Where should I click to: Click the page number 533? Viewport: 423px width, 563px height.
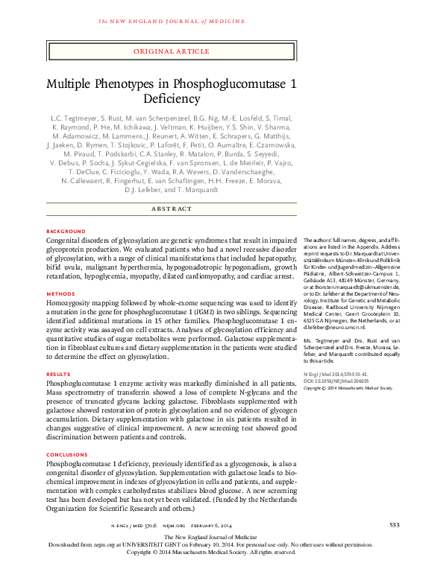[395, 527]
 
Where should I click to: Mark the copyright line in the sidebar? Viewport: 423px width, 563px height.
[348, 388]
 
